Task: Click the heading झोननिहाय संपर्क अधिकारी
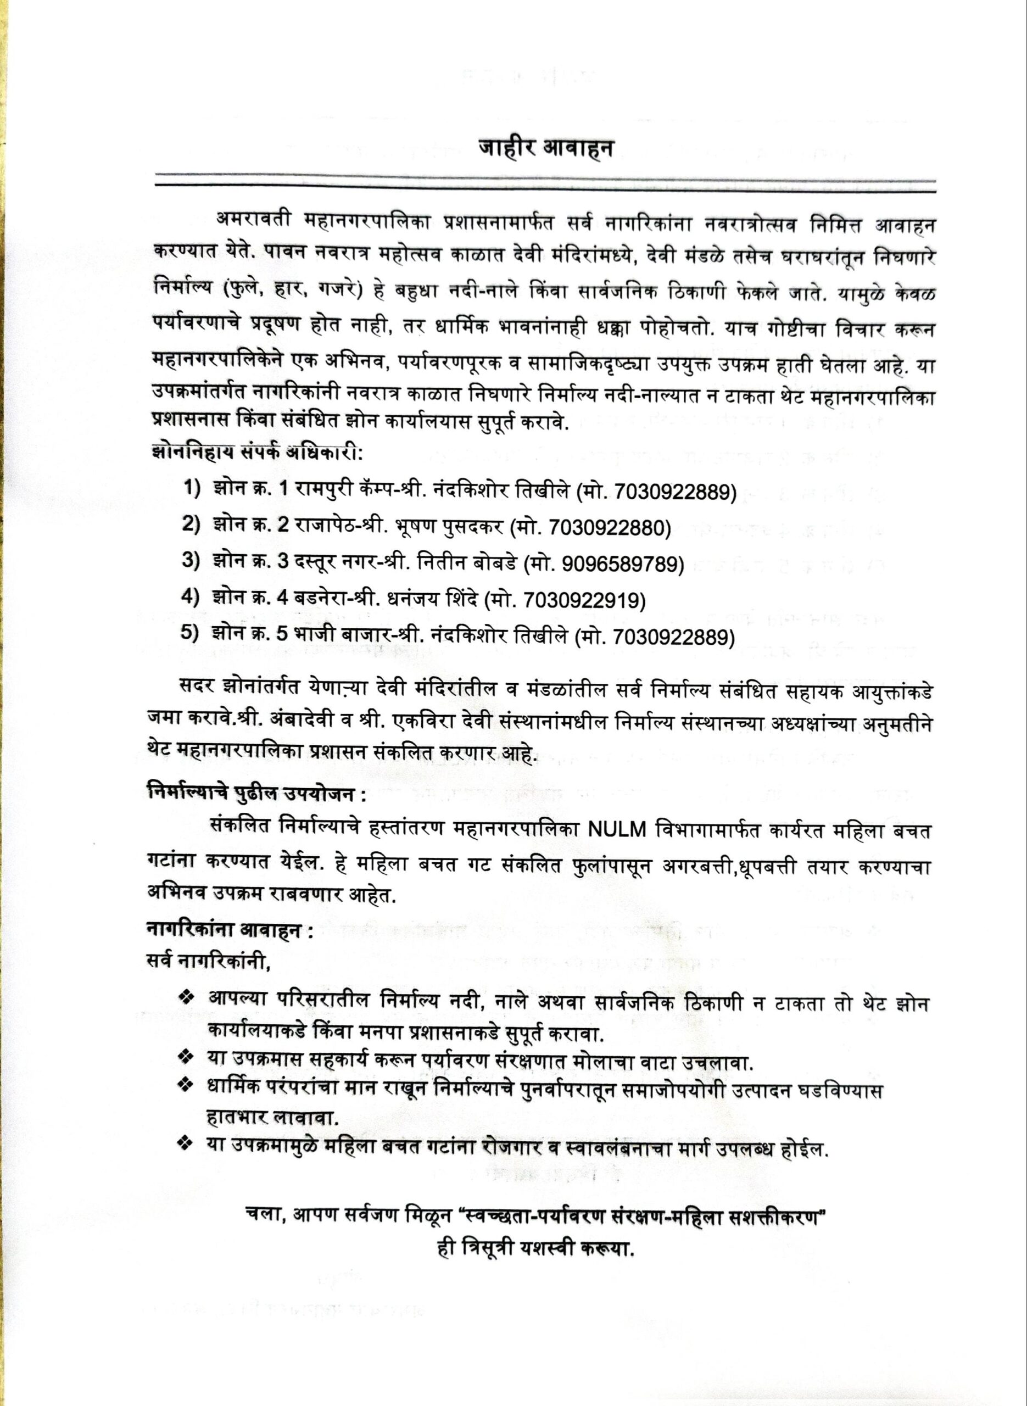pos(256,452)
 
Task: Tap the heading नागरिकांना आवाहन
pos(229,930)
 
